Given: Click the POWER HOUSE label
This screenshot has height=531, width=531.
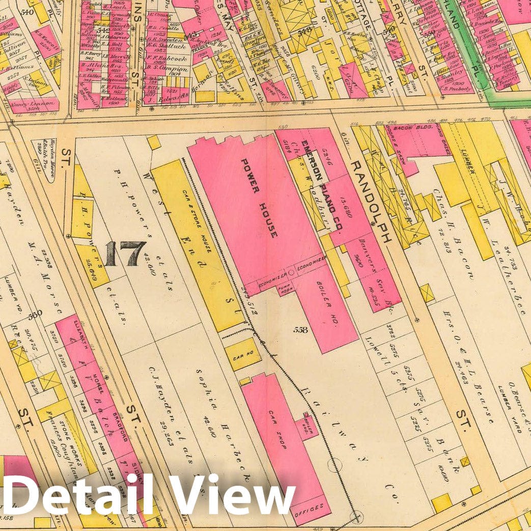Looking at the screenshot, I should [x=259, y=198].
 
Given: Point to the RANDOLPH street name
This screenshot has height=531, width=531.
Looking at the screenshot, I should [x=371, y=202].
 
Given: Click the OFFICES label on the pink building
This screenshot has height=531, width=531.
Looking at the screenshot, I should [x=309, y=507].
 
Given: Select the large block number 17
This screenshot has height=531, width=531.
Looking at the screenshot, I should [x=125, y=254].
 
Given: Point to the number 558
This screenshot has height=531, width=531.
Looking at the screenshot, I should [x=300, y=330].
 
